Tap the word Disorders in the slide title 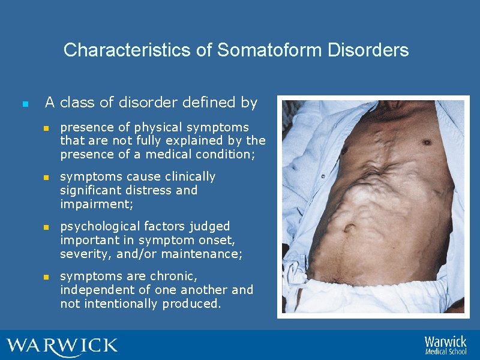368,50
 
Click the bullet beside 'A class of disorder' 24,104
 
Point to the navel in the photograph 350,228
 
